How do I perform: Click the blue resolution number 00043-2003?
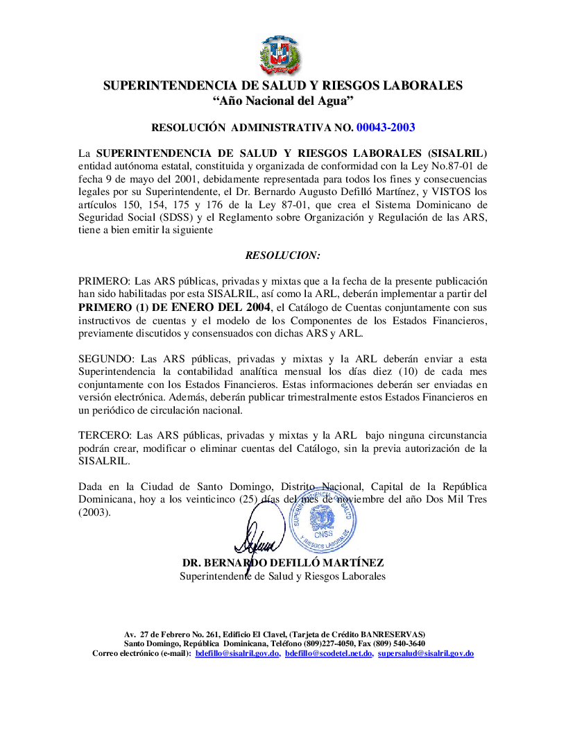[386, 127]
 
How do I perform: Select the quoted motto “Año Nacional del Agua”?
[283, 101]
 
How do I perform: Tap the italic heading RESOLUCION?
[283, 255]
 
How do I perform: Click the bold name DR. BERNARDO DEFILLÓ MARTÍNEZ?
[283, 562]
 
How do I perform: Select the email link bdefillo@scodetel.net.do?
[329, 653]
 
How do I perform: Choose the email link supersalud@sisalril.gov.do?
[426, 653]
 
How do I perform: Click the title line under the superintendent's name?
[283, 576]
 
